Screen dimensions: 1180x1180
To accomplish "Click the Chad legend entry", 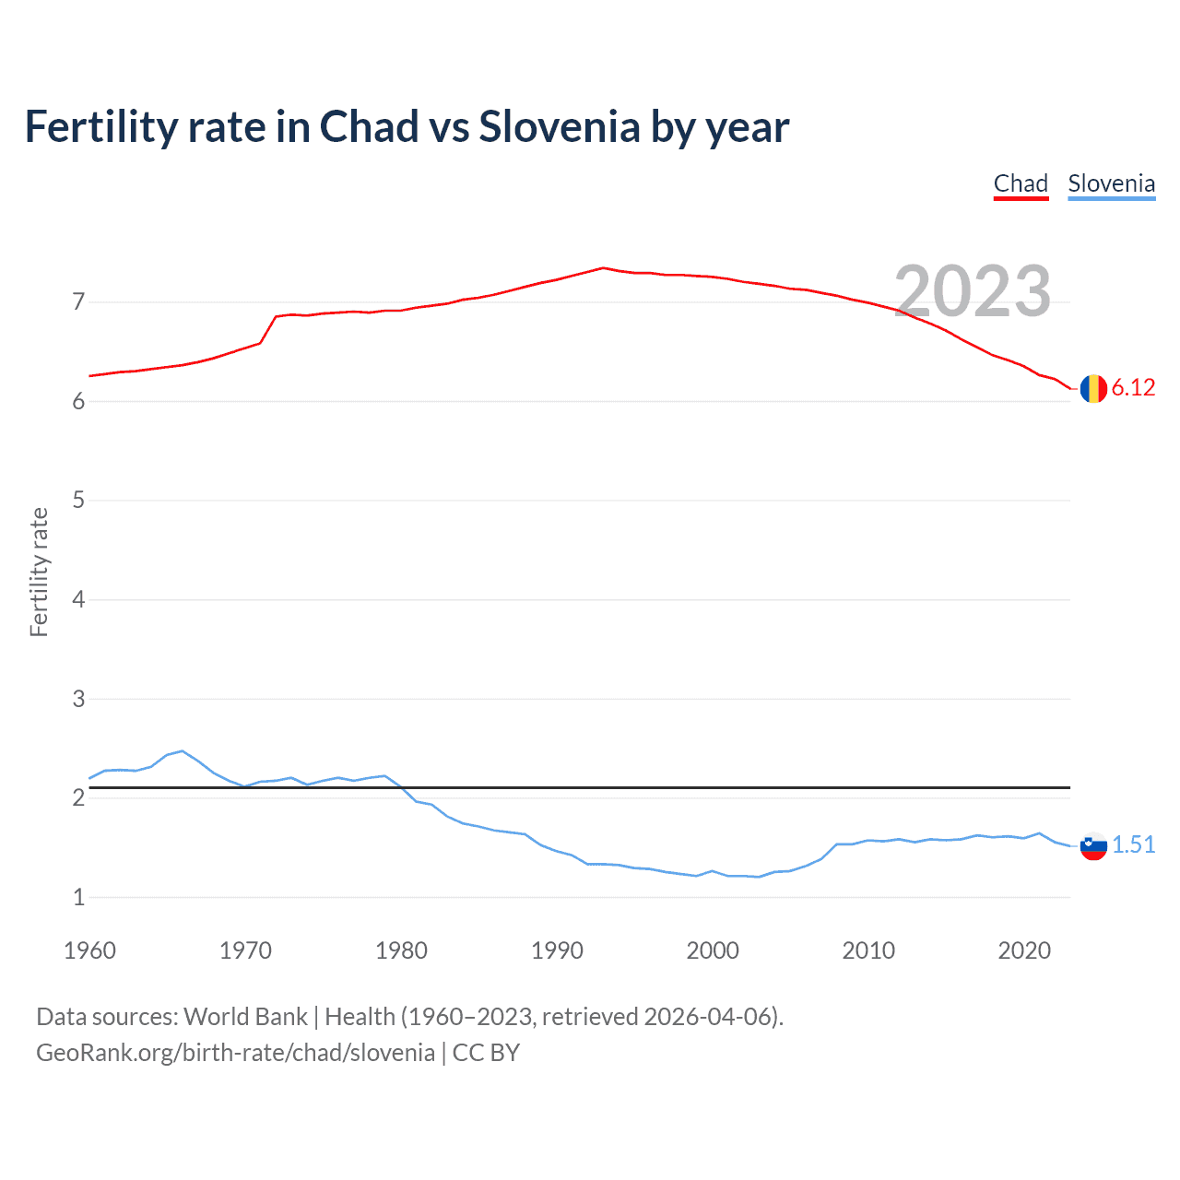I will point(1021,183).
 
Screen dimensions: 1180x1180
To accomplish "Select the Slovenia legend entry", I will point(1111,183).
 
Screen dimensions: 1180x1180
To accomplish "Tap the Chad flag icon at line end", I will point(1093,389).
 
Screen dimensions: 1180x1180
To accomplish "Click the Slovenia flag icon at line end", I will point(1093,845).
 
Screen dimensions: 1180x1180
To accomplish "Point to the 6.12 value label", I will point(1133,388).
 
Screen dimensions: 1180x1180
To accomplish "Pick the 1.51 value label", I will point(1133,844).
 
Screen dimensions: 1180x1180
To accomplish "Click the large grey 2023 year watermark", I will point(973,290).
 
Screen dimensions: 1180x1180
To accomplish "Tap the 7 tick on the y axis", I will point(78,301).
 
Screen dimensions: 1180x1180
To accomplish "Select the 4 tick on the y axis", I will point(78,600).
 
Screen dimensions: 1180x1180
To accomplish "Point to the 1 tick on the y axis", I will point(78,897).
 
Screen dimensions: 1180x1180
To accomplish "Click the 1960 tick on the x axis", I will point(89,950).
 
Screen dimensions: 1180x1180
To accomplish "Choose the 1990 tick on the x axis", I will point(557,950).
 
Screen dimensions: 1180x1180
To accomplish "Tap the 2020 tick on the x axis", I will point(1024,950).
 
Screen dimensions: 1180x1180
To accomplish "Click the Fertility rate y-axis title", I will point(39,572).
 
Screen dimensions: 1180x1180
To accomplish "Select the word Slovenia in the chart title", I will point(559,126).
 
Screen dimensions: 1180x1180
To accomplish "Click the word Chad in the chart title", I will point(369,126).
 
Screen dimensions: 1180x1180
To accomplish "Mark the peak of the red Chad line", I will point(603,268).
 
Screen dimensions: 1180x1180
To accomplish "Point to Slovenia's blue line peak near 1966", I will point(182,751).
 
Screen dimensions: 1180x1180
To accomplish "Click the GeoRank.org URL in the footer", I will point(235,1053).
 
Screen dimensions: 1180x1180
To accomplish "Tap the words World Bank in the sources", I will point(245,1017).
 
